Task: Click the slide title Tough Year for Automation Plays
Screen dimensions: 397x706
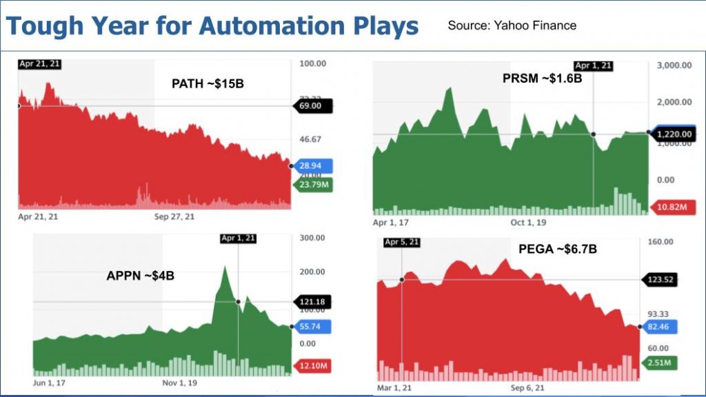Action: tap(212, 26)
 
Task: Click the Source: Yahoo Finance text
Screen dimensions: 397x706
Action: tap(512, 26)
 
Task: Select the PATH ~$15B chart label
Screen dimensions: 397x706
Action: tap(208, 85)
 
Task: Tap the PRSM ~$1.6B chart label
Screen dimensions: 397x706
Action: tap(542, 79)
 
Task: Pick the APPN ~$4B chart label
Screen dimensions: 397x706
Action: tap(140, 276)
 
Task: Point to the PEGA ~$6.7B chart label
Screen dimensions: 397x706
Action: tap(558, 249)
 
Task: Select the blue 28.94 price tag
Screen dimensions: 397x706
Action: tap(314, 166)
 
